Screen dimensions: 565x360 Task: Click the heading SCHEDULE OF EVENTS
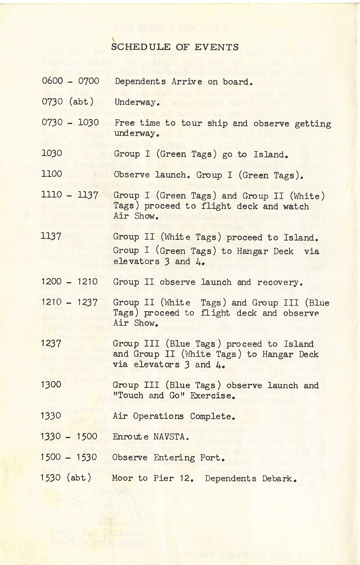pos(175,47)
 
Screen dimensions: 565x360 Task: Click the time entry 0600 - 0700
pos(70,82)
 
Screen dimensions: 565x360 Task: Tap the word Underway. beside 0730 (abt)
pos(137,102)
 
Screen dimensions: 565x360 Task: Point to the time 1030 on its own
pos(51,154)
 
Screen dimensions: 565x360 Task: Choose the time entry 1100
pos(51,175)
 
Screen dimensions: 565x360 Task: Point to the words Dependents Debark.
pos(251,478)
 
